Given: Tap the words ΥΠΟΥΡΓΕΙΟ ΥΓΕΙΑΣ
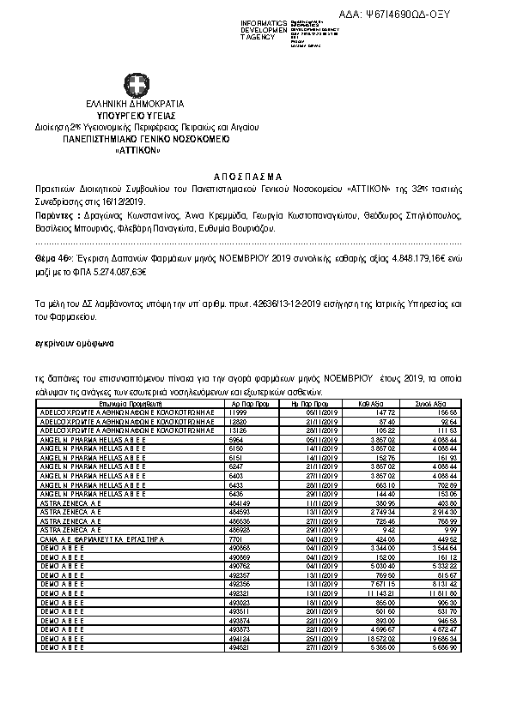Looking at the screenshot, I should [136, 115].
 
